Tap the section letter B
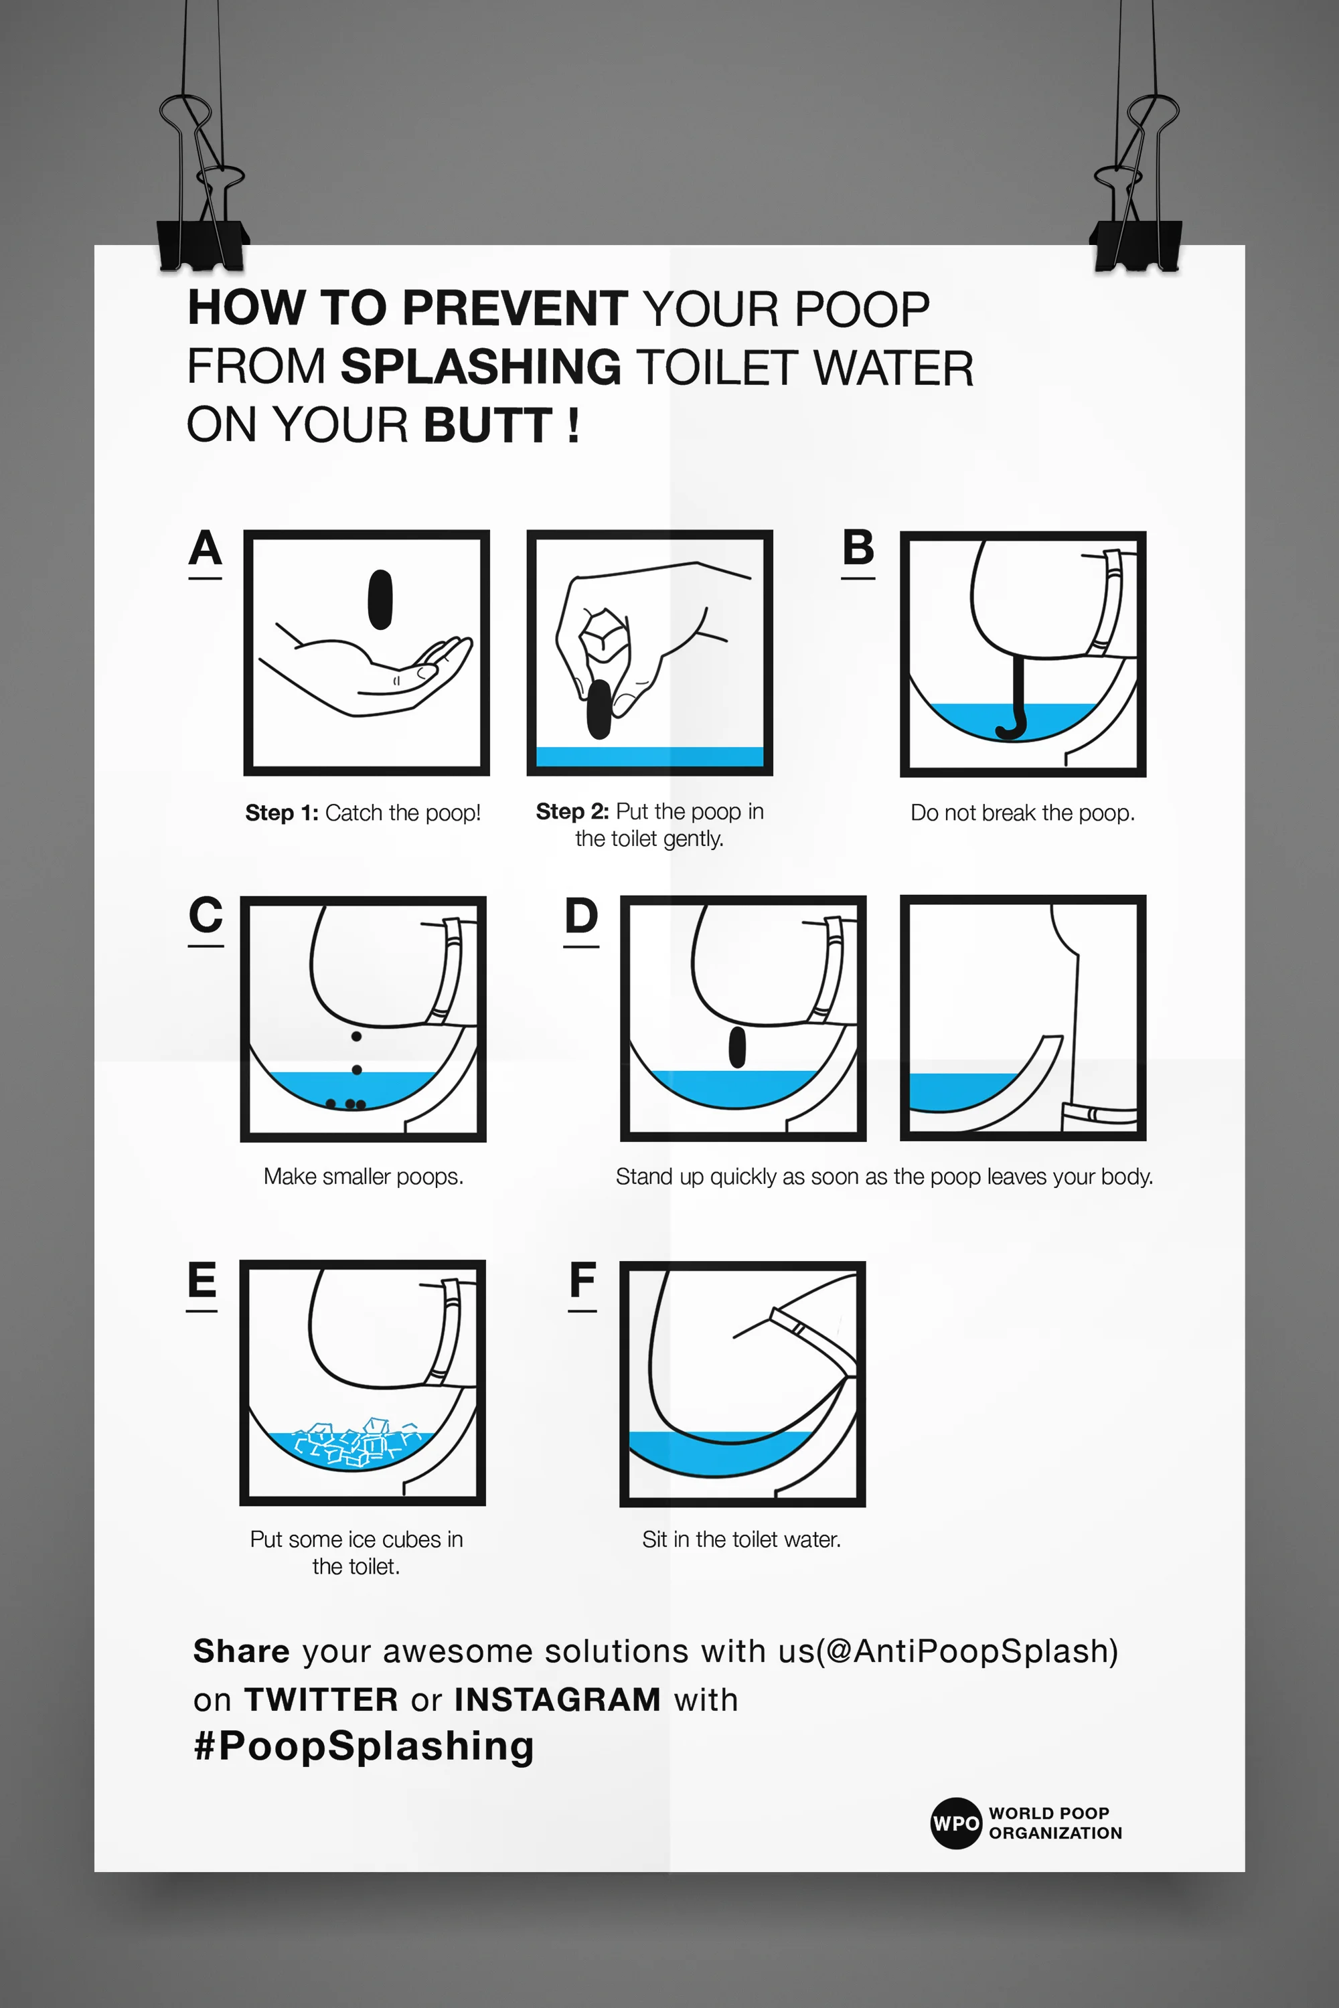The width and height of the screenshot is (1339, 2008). click(x=858, y=548)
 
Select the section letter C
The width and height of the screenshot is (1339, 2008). click(x=206, y=914)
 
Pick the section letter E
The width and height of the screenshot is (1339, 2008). click(x=202, y=1280)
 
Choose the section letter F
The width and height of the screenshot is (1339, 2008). click(x=582, y=1280)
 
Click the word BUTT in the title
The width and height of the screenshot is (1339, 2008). click(x=489, y=425)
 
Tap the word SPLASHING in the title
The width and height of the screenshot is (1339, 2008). click(x=481, y=366)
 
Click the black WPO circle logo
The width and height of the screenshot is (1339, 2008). click(x=955, y=1823)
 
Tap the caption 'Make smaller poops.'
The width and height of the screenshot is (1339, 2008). click(x=364, y=1177)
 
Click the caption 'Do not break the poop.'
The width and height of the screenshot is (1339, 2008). click(x=1023, y=813)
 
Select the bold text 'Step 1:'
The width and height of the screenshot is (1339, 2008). click(x=282, y=813)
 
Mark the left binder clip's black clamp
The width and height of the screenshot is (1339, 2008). click(x=202, y=244)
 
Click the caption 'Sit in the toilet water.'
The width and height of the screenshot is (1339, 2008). click(x=742, y=1539)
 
